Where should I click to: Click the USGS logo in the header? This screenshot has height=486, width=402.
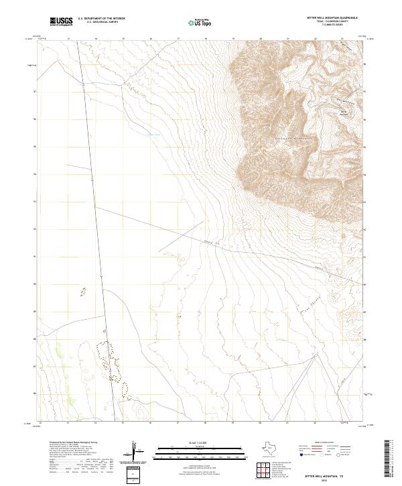(61, 22)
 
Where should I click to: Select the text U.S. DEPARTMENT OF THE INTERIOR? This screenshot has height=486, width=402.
(101, 19)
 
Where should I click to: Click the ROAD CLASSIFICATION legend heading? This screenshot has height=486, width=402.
(330, 443)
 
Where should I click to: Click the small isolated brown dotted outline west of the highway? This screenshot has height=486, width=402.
(83, 292)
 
